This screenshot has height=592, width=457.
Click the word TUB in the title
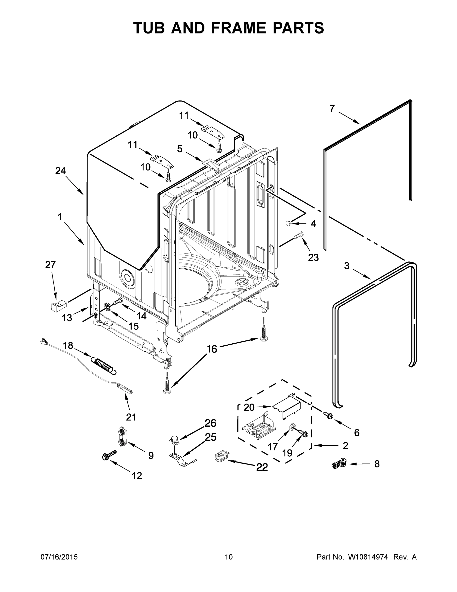(149, 28)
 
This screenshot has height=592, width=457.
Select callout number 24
(61, 171)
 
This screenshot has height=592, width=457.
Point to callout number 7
(332, 109)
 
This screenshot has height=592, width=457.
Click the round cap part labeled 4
(288, 223)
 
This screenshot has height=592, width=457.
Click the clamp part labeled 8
(339, 464)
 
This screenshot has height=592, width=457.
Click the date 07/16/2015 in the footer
(59, 557)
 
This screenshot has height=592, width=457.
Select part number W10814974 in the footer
(368, 557)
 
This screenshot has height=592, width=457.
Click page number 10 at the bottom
(229, 557)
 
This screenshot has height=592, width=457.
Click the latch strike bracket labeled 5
(211, 164)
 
